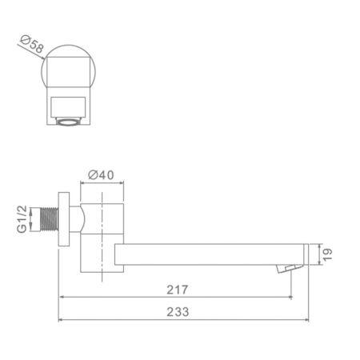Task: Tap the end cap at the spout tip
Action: point(303,254)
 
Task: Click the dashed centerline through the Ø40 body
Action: point(103,240)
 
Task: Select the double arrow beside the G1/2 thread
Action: point(38,218)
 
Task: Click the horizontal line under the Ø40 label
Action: point(103,185)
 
